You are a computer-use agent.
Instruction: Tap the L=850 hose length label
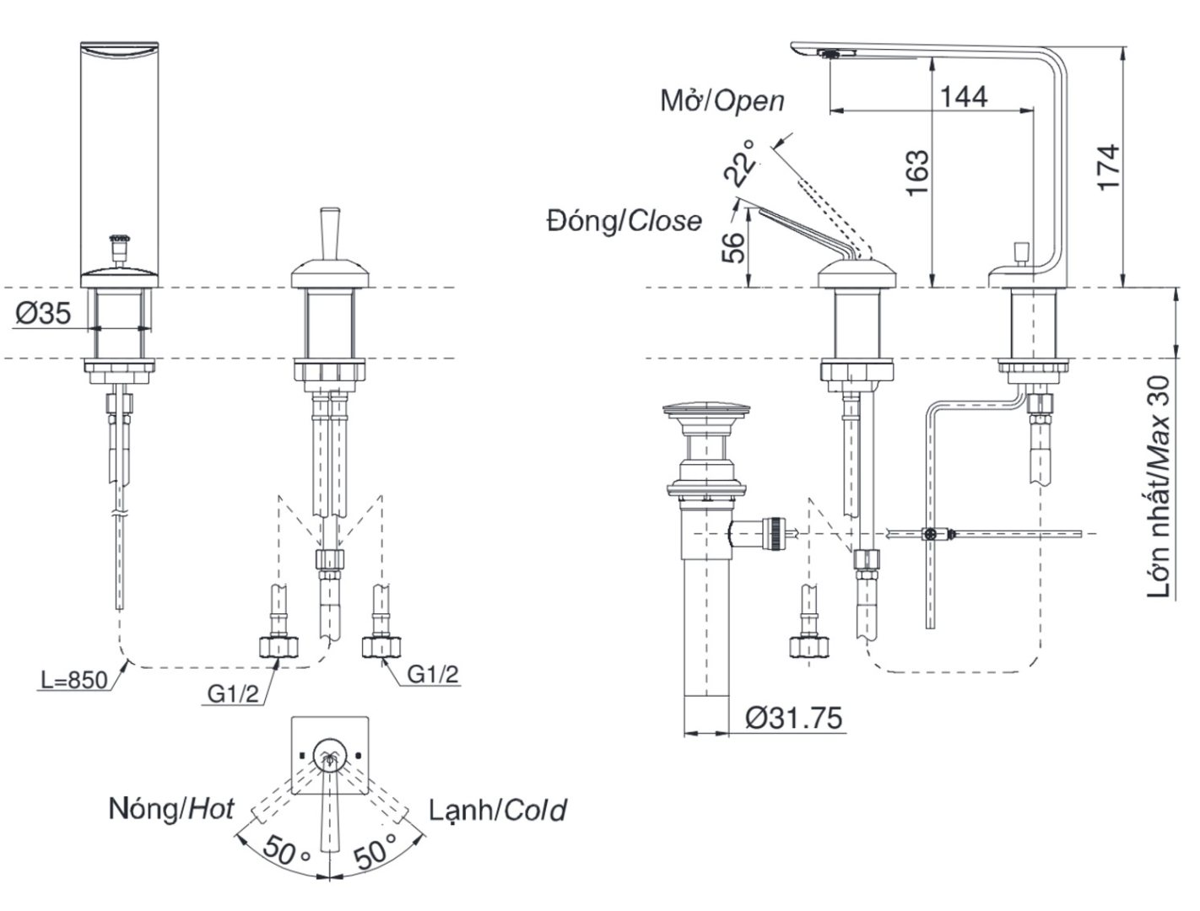tap(74, 679)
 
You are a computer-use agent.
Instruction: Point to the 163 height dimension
tap(916, 173)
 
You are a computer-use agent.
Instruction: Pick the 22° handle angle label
tap(741, 163)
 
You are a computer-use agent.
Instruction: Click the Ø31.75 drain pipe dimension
tap(793, 719)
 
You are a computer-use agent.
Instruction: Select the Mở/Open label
tap(722, 101)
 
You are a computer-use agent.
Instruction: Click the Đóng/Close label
tap(624, 221)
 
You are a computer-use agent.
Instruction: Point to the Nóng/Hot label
tap(171, 809)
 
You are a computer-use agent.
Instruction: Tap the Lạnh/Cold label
tap(497, 811)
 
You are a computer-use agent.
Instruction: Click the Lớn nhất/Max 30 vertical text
tap(1162, 487)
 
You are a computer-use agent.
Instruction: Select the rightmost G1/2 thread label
tap(433, 674)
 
